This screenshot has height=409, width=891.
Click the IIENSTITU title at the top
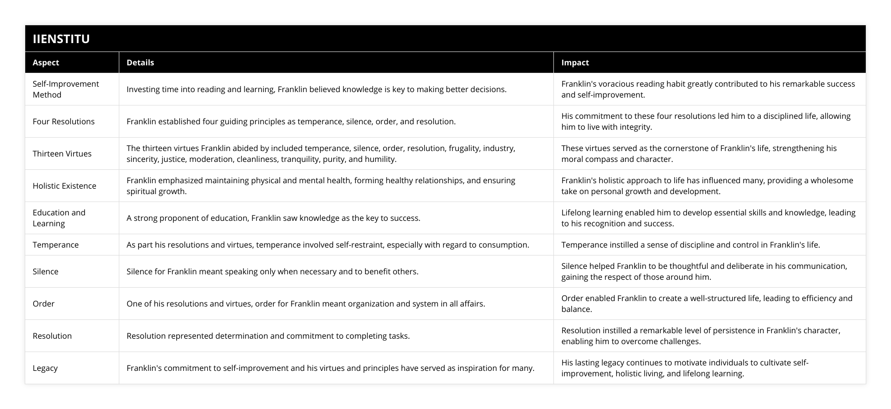click(x=61, y=39)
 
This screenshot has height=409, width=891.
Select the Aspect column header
click(x=46, y=62)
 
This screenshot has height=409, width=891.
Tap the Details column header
click(x=140, y=62)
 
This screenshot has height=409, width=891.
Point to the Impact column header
click(x=575, y=62)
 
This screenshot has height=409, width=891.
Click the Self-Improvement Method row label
click(x=66, y=89)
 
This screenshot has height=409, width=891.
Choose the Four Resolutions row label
click(x=63, y=121)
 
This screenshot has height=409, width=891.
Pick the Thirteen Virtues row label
click(x=62, y=153)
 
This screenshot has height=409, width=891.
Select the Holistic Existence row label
click(x=64, y=186)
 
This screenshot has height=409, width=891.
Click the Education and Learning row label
click(x=59, y=218)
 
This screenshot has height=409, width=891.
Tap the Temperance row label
click(x=55, y=245)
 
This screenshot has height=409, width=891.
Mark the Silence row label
click(x=46, y=271)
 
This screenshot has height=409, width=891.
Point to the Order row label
click(x=44, y=304)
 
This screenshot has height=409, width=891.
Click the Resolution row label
click(x=52, y=336)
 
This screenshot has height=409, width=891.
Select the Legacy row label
click(x=45, y=368)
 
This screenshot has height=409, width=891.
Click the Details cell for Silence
click(x=272, y=271)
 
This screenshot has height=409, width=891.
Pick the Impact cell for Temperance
click(x=691, y=245)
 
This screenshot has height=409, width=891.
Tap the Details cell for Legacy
click(x=330, y=368)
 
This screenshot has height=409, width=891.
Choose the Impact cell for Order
click(x=707, y=304)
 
